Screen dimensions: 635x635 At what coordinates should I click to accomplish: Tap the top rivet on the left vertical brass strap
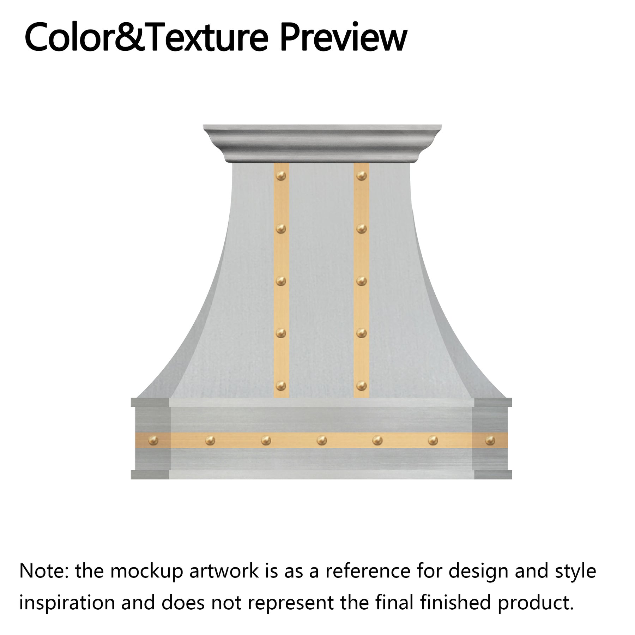281,175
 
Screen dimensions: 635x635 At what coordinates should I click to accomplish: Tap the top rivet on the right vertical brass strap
361,175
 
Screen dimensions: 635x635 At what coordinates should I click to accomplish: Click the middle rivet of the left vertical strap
281,281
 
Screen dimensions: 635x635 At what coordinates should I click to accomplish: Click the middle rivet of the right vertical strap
361,281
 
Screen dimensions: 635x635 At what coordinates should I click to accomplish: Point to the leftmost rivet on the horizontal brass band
154,440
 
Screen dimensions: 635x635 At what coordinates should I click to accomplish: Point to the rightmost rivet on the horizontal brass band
490,440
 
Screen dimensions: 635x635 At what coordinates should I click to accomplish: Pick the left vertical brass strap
282,254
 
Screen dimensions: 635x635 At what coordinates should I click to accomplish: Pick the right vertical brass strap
362,254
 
